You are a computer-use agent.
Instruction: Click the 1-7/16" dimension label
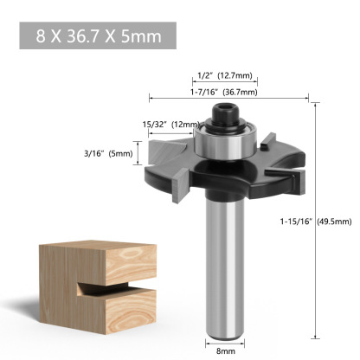coord(204,91)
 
